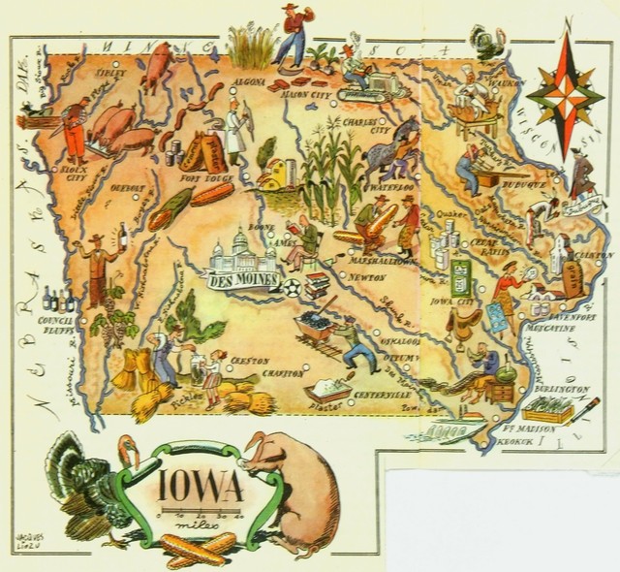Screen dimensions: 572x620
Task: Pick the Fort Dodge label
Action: coord(202,176)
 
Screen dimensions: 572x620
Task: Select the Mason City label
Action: coord(304,94)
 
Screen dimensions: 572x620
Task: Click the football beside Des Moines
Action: coord(291,284)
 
